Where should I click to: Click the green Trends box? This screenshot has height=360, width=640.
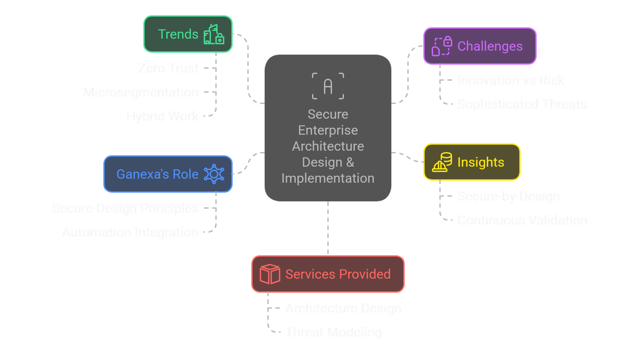tap(188, 34)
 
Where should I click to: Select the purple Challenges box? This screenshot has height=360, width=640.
tap(480, 46)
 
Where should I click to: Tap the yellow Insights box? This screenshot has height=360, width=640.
tap(472, 162)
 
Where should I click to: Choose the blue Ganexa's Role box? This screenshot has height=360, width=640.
tap(168, 174)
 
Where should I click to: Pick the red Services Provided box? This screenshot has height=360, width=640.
tap(328, 274)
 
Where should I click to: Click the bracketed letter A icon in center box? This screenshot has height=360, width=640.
tap(328, 86)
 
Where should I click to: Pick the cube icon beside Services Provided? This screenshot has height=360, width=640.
tap(270, 274)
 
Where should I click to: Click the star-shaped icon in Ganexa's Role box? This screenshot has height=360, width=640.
tap(214, 174)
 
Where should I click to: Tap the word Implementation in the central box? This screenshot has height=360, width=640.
tap(328, 178)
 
